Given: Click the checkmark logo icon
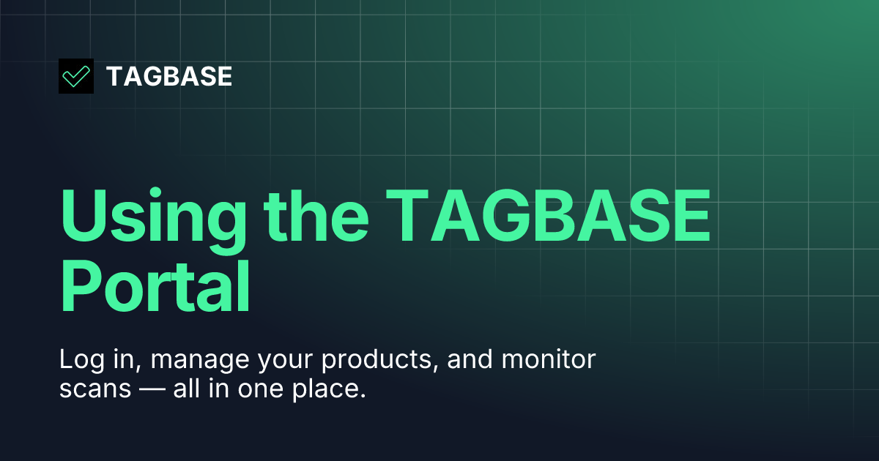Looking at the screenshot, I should [76, 76].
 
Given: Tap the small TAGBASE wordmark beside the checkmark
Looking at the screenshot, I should [169, 76].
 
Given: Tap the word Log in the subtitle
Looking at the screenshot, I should [78, 361].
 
